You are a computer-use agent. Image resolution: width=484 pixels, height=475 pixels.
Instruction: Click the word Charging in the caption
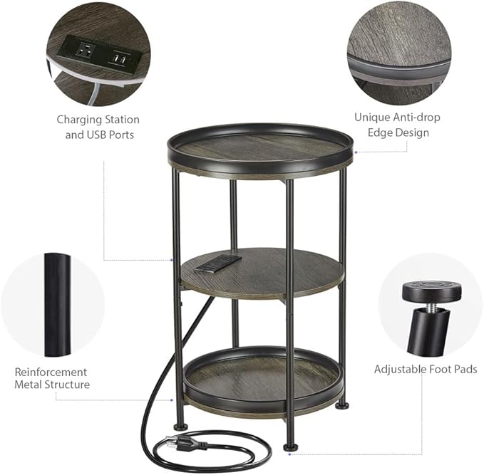coord(81,120)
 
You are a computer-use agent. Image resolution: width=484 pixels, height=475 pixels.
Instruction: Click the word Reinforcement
coord(51,372)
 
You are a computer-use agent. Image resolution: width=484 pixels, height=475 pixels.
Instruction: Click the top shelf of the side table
coord(260,147)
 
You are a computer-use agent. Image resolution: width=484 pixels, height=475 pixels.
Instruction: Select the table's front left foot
coord(181,425)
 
